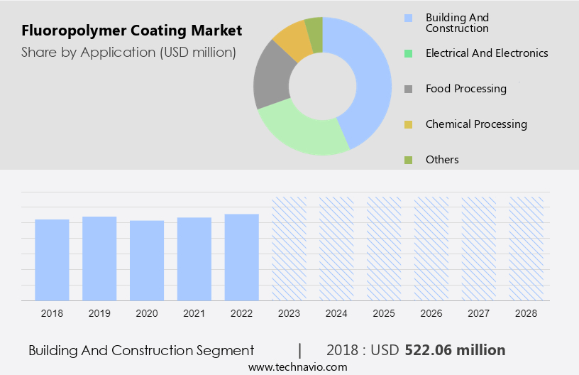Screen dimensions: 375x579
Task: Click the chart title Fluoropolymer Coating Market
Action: [131, 31]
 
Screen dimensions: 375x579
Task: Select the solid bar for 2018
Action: [52, 259]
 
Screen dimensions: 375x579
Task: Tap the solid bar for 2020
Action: [147, 260]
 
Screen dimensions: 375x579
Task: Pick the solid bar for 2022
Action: [242, 256]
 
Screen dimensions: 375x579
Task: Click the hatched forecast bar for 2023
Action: [289, 249]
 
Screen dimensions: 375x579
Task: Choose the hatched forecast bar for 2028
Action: [526, 249]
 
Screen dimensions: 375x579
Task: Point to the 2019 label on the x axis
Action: [99, 312]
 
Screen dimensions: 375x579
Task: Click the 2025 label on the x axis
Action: [384, 312]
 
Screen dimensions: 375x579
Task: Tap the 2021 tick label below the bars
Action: [194, 312]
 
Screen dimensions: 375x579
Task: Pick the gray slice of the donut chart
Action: [273, 78]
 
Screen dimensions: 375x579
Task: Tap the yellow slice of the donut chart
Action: [292, 40]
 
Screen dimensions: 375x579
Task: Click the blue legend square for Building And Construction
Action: [407, 18]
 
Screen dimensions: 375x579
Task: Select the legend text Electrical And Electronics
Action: [487, 53]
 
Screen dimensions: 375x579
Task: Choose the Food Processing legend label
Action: [466, 89]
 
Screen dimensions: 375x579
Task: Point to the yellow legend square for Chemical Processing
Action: [407, 124]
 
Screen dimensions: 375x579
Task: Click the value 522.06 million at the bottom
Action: [455, 350]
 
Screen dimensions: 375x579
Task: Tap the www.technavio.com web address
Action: [298, 367]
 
